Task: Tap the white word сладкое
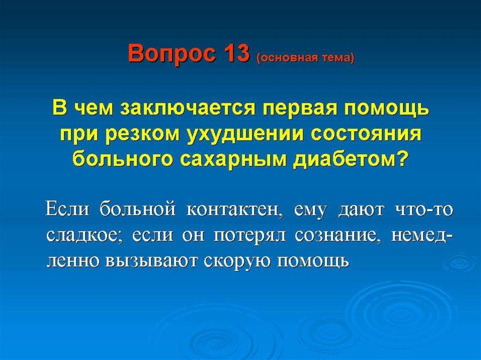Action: [x=85, y=236]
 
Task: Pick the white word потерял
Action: [x=250, y=237]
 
